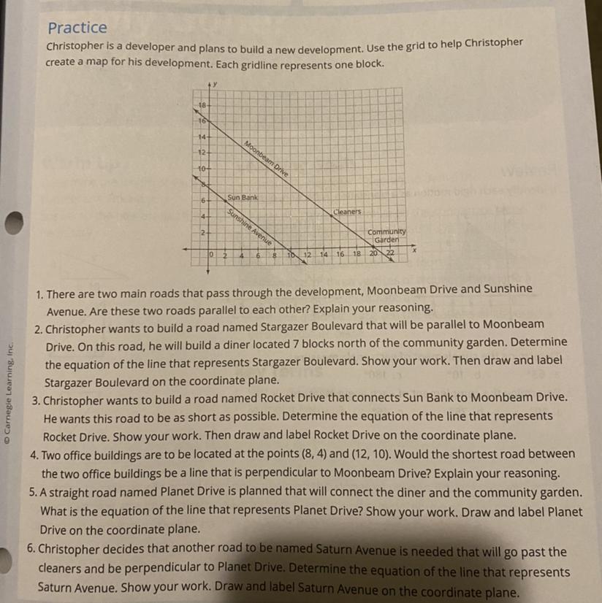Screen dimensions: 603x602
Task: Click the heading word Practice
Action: click(77, 28)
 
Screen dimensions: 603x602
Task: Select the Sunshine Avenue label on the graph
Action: click(249, 228)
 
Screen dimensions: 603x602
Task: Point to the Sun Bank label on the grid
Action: click(243, 197)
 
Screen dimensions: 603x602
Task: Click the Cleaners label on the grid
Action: click(347, 212)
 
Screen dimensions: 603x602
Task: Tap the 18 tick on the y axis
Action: click(202, 105)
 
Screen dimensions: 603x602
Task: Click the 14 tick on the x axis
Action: click(323, 254)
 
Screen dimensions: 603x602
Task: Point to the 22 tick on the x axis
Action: click(390, 253)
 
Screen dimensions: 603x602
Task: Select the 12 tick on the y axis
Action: click(202, 152)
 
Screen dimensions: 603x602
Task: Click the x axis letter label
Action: click(413, 250)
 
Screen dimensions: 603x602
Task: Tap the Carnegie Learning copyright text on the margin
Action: click(9, 394)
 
